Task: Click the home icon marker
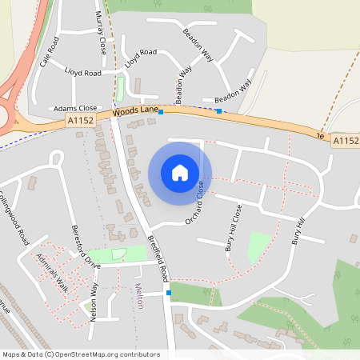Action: pyautogui.click(x=180, y=172)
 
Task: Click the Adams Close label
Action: pyautogui.click(x=74, y=108)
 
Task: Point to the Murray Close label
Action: pyautogui.click(x=102, y=32)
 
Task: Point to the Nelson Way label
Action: pyautogui.click(x=94, y=301)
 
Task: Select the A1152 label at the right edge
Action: pyautogui.click(x=345, y=141)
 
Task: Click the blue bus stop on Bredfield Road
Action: pyautogui.click(x=168, y=293)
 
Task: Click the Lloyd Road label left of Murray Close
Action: pyautogui.click(x=83, y=72)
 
